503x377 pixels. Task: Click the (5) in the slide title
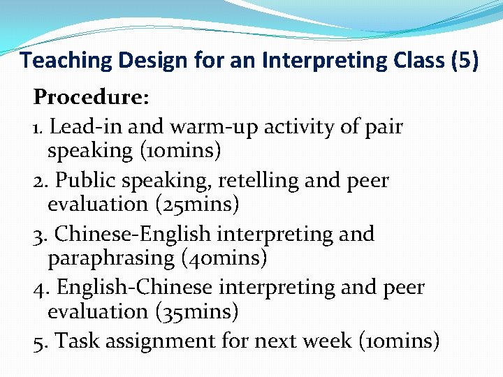click(465, 61)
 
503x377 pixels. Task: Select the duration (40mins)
click(224, 258)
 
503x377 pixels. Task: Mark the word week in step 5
click(328, 341)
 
